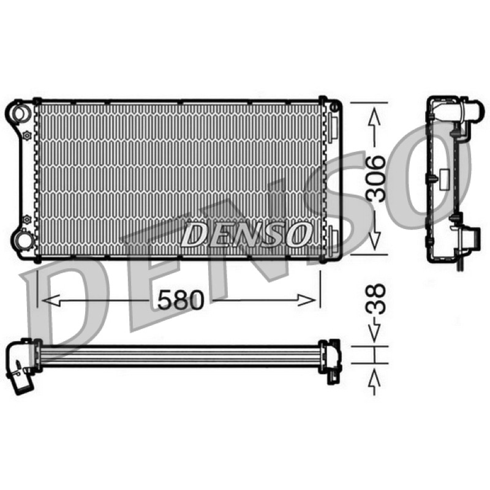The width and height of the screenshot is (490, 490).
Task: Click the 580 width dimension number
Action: (x=181, y=300)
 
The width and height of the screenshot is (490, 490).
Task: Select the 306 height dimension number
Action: (x=375, y=178)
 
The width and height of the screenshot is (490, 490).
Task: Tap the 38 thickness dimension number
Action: (x=375, y=298)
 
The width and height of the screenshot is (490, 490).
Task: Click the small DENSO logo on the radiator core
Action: (x=246, y=235)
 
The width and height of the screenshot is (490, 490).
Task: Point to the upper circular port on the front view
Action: (x=21, y=113)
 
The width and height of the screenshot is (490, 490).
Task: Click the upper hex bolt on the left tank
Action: (x=28, y=135)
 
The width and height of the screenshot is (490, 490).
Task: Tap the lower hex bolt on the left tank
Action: (x=27, y=219)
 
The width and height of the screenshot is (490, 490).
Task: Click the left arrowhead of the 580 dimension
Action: (x=51, y=301)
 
